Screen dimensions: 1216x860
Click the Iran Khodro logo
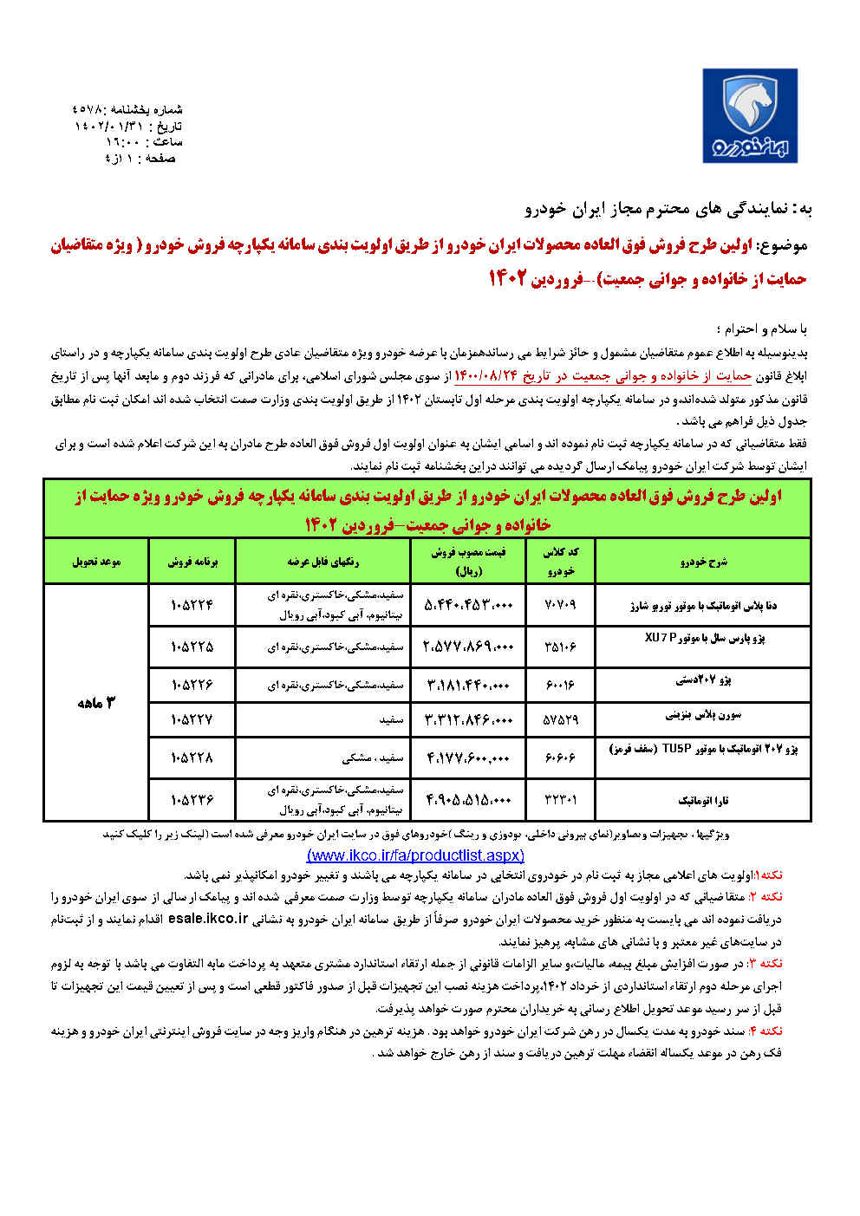(750, 116)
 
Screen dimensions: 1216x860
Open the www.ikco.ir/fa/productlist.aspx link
(415, 855)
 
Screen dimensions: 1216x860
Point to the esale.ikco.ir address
(208, 919)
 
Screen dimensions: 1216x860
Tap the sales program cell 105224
(192, 605)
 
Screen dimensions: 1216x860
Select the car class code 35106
(560, 647)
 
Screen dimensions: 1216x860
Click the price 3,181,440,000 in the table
(470, 685)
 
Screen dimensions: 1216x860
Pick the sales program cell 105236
(192, 800)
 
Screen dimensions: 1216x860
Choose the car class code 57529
(560, 719)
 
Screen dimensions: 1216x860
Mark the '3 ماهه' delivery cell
(95, 703)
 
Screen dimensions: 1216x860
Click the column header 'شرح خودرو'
(703, 562)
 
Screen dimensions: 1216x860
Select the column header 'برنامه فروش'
(192, 562)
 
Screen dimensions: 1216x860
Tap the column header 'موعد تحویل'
(95, 562)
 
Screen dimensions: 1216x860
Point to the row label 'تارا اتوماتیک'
(703, 801)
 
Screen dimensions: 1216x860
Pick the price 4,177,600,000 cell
(470, 758)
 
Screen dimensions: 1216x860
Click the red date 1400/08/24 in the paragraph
(485, 376)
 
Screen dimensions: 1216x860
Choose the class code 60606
(560, 758)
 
